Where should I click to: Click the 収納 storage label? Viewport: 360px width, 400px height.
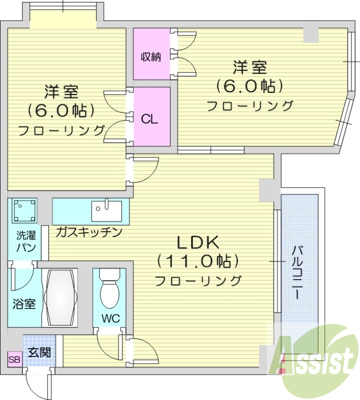click(150, 57)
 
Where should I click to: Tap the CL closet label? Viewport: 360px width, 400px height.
click(149, 119)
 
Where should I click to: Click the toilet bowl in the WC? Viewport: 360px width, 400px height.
click(109, 292)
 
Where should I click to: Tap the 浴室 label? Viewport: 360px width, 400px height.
click(24, 303)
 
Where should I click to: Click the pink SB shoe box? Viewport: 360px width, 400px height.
click(14, 359)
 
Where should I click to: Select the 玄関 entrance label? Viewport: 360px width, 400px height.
click(39, 352)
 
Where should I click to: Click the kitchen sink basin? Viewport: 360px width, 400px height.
click(106, 210)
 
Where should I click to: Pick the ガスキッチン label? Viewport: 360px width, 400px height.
click(89, 232)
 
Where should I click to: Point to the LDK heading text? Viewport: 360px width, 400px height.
click(198, 243)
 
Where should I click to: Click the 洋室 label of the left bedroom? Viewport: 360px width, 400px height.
click(61, 92)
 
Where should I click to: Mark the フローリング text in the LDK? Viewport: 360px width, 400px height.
click(198, 280)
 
